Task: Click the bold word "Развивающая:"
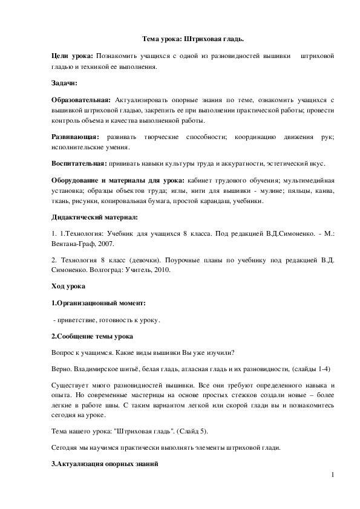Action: (75, 137)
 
